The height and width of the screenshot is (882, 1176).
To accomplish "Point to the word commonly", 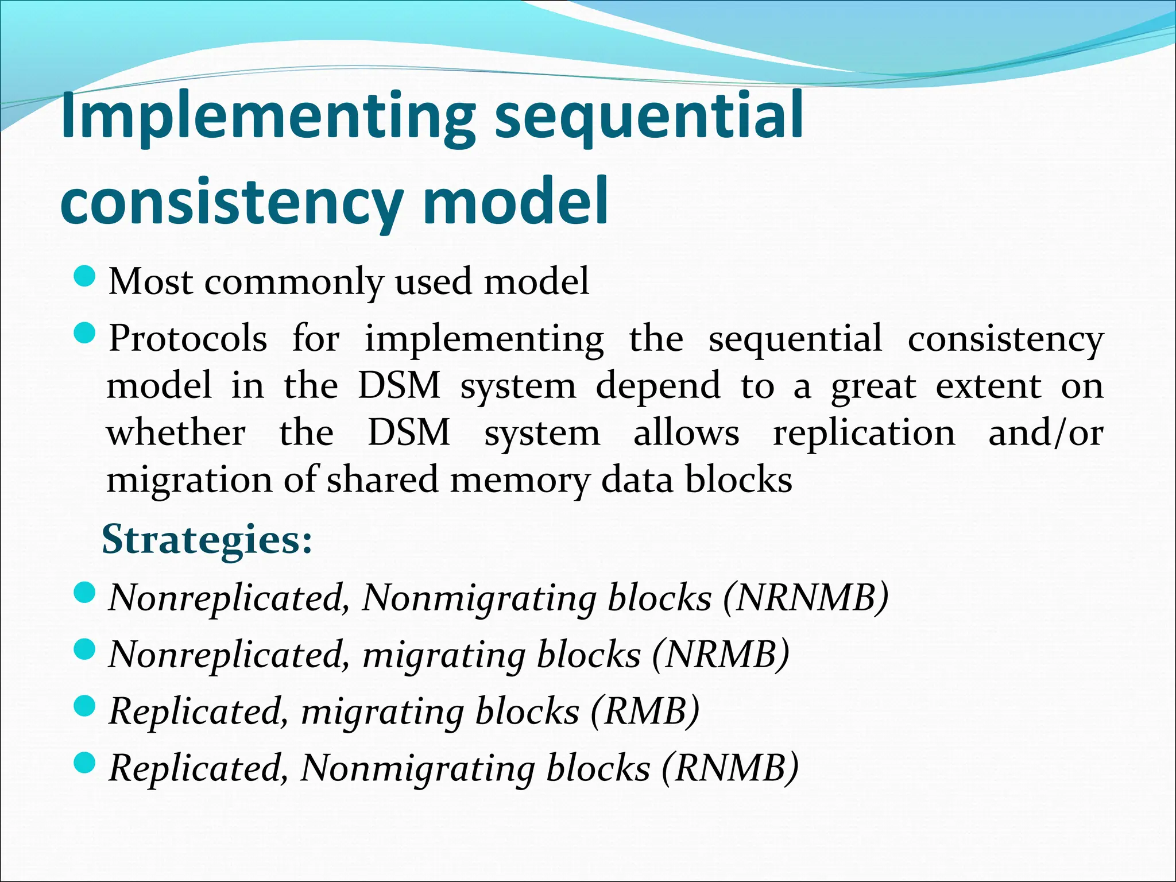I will click(x=293, y=283).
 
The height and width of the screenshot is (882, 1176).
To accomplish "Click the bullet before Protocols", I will click(x=84, y=334).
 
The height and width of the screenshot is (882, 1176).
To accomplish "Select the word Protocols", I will click(x=188, y=339).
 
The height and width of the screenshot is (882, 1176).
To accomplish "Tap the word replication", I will click(x=864, y=434).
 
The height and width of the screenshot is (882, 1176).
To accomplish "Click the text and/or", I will click(x=1045, y=434).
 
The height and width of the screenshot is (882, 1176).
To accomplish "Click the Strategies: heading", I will click(x=207, y=540).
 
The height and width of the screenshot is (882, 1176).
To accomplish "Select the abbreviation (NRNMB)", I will click(x=806, y=598).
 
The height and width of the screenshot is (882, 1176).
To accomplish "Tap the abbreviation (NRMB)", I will click(x=721, y=655).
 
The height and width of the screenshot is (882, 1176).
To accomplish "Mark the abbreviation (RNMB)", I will click(x=730, y=768).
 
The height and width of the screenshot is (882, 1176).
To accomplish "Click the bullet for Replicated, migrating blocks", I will click(x=84, y=706).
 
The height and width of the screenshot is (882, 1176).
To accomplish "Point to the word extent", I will click(x=988, y=386).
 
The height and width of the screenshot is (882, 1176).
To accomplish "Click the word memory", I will click(x=520, y=481).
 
